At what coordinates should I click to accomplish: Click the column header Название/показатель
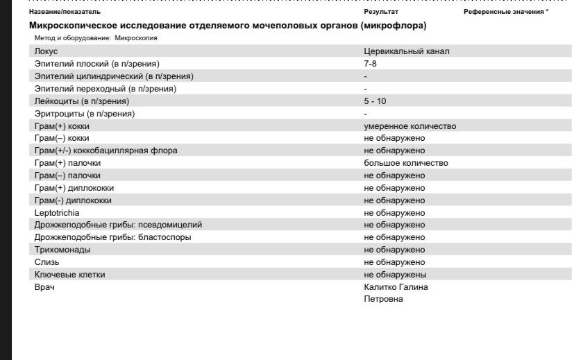(x=64, y=12)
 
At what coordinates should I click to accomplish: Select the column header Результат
(x=380, y=12)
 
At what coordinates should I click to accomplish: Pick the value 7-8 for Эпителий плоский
(x=371, y=64)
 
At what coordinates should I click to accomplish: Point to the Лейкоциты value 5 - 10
(x=375, y=101)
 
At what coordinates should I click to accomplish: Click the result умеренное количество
(x=410, y=126)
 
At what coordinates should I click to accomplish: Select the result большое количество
(x=405, y=164)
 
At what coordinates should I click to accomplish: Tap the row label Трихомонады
(x=62, y=250)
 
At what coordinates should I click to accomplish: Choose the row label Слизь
(x=47, y=262)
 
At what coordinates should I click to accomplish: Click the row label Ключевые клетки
(x=69, y=275)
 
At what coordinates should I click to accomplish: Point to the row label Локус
(x=46, y=51)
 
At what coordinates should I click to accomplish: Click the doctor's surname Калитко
(x=380, y=287)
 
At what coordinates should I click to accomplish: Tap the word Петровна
(x=383, y=300)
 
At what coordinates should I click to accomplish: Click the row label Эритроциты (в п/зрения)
(x=84, y=114)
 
